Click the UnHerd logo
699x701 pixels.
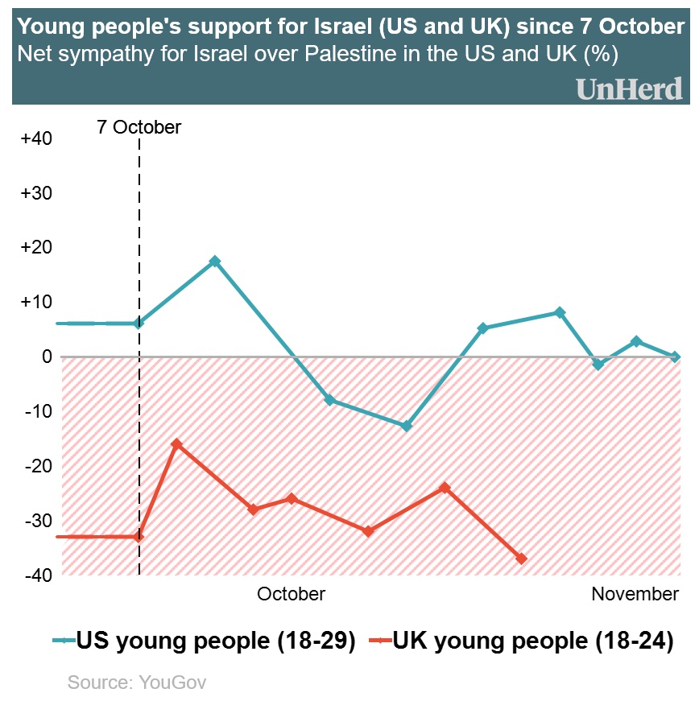pyautogui.click(x=629, y=89)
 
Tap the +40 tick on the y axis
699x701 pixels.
pyautogui.click(x=36, y=138)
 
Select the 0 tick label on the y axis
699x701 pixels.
pyautogui.click(x=47, y=357)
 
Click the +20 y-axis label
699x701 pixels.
pyautogui.click(x=36, y=247)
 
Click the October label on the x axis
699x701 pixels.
pyautogui.click(x=291, y=594)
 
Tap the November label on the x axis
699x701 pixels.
pyautogui.click(x=635, y=594)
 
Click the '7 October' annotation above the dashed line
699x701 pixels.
pyautogui.click(x=139, y=127)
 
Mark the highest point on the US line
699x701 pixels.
pyautogui.click(x=215, y=262)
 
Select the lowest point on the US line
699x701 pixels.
pyautogui.click(x=407, y=426)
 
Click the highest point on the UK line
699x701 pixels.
pyautogui.click(x=177, y=444)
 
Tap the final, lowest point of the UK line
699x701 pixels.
pyautogui.click(x=521, y=559)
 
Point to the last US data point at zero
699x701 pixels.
pyautogui.click(x=675, y=357)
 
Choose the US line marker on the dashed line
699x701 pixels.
pyautogui.click(x=139, y=324)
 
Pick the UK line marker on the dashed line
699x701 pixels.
pyautogui.click(x=139, y=536)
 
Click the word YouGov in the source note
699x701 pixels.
pyautogui.click(x=173, y=682)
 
